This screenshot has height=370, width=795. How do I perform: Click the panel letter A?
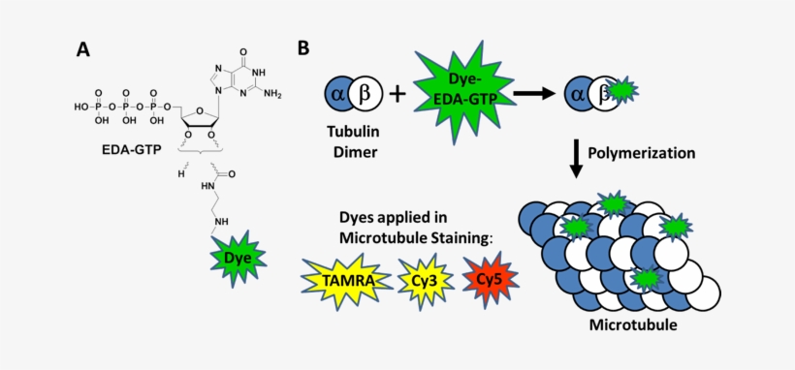(x=84, y=48)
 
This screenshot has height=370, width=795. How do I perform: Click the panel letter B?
(x=303, y=47)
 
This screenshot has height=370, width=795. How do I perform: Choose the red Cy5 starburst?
(x=490, y=280)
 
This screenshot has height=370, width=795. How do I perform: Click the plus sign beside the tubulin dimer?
(x=397, y=96)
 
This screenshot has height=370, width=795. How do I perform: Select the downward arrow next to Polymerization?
(x=576, y=156)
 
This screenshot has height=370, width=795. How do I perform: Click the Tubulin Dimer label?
(x=351, y=143)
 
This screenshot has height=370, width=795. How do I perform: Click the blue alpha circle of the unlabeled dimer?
(x=338, y=96)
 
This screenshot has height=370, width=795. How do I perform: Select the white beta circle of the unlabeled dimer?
(x=366, y=96)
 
